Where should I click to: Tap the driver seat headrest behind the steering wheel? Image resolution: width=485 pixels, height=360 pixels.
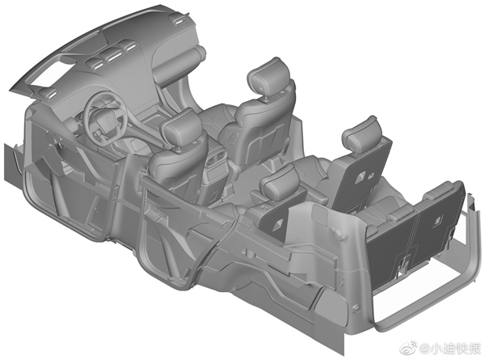[x=182, y=126]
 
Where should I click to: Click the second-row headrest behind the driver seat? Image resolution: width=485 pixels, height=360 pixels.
[x=280, y=183]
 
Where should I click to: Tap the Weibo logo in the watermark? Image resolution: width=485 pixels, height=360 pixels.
[x=409, y=349]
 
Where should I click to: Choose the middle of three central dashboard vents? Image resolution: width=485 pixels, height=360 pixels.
[x=112, y=57]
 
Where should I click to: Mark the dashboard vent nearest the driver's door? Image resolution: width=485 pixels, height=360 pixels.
[x=48, y=93]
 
